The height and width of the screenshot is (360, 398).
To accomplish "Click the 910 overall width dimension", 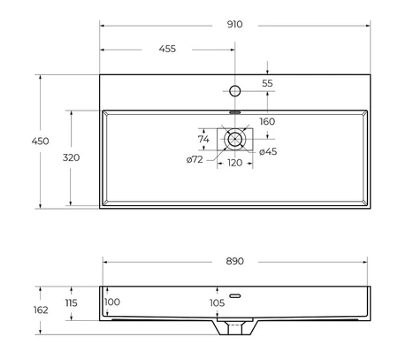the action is pos(234,24).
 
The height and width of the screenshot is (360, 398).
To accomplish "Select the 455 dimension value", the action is pos(167,49).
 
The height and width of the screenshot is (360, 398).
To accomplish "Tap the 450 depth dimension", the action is pos(40,142).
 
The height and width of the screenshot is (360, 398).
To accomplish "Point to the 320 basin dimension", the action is pos(71,157).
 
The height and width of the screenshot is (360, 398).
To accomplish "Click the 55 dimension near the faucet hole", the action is pos(267,83).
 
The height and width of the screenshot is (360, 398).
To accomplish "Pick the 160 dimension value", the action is pos(267,121).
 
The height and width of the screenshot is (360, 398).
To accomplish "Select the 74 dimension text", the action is pos(203,139).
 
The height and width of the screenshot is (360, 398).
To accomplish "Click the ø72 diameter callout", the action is pos(195,159).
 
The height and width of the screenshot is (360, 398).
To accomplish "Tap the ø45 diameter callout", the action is pos(268,151).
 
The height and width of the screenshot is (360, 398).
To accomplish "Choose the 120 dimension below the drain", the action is pos(235,163).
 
